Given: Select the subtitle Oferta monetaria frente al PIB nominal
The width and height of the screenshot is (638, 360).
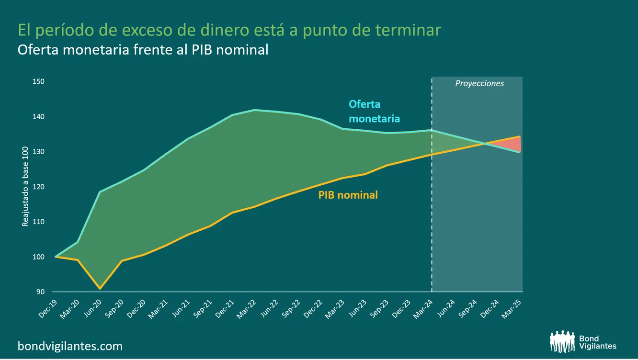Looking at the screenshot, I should coord(143,50).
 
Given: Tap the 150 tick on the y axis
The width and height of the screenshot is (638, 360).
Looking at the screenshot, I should coord(39,82).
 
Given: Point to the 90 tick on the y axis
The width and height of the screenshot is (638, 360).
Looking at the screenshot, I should coord(40,292).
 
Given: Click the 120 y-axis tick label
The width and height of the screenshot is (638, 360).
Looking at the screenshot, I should coord(39,187).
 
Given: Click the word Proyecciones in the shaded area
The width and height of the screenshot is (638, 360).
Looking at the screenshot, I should coord(479,83).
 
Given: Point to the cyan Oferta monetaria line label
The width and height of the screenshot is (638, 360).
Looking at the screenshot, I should coord(374,111).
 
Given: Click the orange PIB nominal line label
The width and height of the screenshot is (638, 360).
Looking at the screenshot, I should coord(348,195).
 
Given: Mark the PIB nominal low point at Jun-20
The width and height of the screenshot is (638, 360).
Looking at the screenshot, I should coord(100,289).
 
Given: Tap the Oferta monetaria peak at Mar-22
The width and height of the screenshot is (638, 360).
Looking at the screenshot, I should coord(255,110).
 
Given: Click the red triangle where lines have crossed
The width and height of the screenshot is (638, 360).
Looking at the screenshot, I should coord(513,144).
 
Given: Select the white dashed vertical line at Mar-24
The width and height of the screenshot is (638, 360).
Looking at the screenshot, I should coord(432,215).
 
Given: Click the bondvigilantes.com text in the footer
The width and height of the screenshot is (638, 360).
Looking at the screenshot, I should coord(70,346).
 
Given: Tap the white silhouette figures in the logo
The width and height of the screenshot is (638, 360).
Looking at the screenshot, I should coord(563,342).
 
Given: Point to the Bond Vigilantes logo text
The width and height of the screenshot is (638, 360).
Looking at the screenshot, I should coord(597,342).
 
